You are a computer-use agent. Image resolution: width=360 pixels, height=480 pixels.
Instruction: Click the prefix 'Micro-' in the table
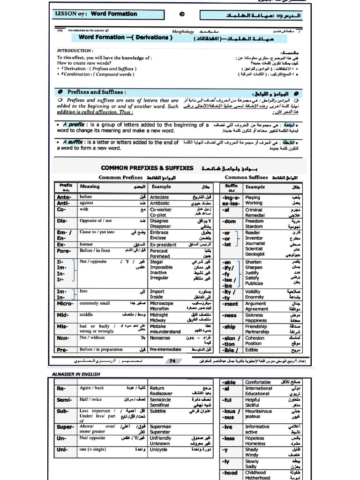[65, 304]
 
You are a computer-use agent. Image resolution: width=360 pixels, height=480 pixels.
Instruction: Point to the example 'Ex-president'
[163, 245]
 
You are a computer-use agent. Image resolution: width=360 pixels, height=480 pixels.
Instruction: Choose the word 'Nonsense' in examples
[160, 337]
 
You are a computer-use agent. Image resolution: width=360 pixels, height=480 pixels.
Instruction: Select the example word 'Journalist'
[255, 243]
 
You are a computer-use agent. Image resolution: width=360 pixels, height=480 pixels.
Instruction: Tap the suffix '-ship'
[229, 327]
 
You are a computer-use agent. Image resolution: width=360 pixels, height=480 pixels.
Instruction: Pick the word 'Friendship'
[256, 327]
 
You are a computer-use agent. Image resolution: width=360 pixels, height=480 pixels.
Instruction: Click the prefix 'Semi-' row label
[65, 400]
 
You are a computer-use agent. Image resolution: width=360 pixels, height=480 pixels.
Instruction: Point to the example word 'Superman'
[160, 427]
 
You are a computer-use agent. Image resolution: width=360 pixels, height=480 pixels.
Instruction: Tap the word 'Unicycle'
[158, 450]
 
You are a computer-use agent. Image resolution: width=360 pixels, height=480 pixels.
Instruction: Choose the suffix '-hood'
[230, 473]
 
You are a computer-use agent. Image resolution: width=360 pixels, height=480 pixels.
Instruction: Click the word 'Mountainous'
[258, 411]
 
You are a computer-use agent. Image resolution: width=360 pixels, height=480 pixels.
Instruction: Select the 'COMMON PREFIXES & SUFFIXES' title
[147, 168]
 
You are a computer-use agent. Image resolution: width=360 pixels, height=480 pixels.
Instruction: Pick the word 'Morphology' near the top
[183, 31]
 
